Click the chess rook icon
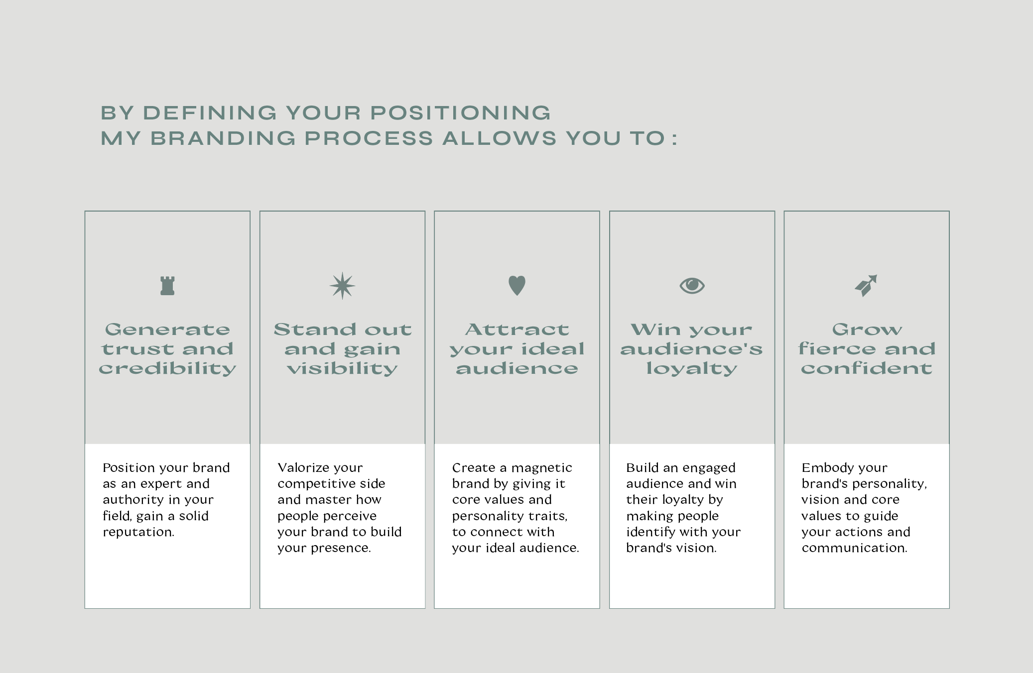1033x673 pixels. point(167,286)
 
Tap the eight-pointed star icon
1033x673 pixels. point(343,286)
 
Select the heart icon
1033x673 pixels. point(517,285)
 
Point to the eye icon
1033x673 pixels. point(692,286)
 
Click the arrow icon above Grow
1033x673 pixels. point(866,286)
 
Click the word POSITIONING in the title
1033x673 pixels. point(461,113)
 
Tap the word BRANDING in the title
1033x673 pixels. point(223,138)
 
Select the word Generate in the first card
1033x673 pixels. point(167,330)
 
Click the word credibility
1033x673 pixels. point(167,369)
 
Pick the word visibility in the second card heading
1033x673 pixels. point(343,369)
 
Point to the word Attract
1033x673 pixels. point(517,330)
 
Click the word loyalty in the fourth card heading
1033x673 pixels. point(692,369)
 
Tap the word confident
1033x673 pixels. point(867,368)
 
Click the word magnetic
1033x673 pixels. point(542,468)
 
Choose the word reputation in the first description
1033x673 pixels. point(138,532)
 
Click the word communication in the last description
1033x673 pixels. point(854,548)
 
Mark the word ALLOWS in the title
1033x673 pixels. point(500,138)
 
